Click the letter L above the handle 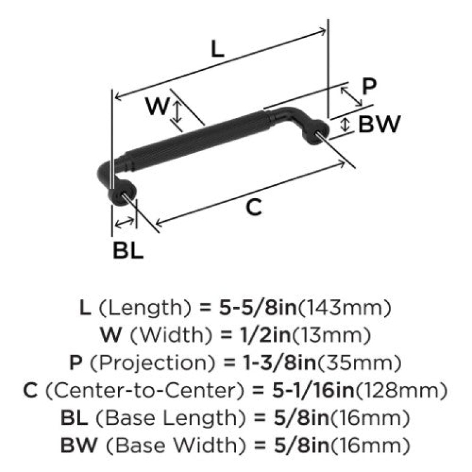click(x=217, y=49)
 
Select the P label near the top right click(x=369, y=86)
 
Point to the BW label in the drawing click(x=379, y=124)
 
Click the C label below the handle click(x=254, y=208)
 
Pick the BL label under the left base click(x=128, y=250)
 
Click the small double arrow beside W click(x=178, y=112)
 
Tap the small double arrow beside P click(x=351, y=96)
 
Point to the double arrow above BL click(x=124, y=222)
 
